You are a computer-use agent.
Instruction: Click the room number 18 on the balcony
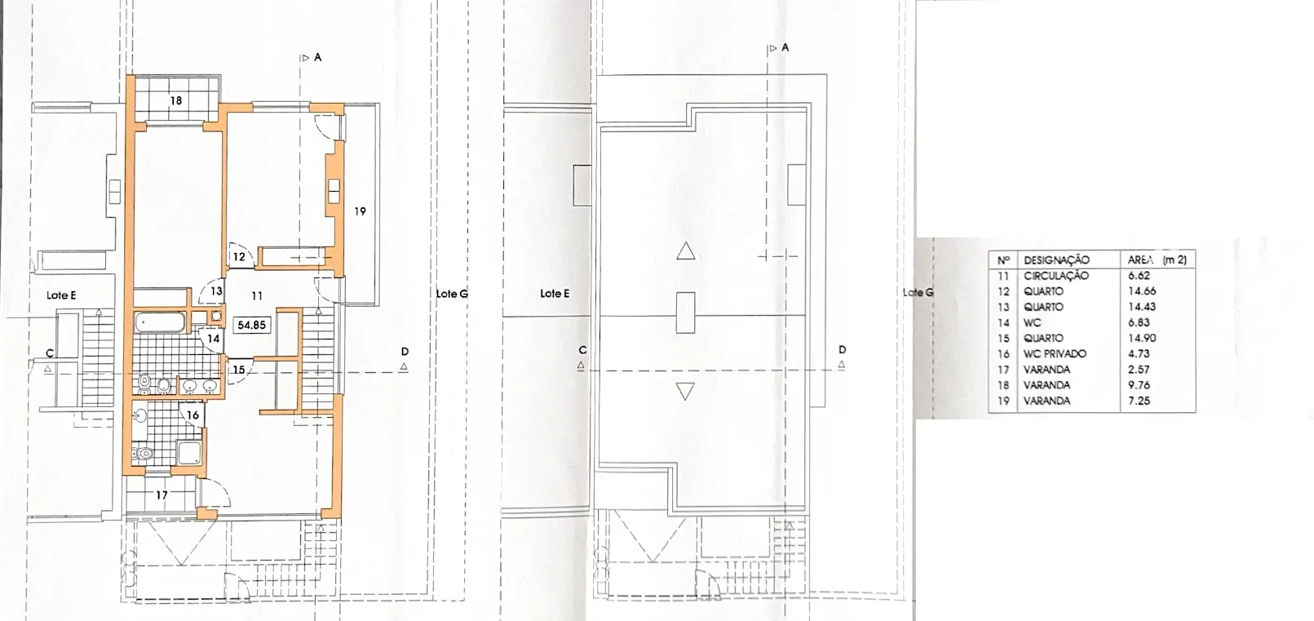[176, 100]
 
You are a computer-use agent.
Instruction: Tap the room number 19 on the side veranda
[361, 211]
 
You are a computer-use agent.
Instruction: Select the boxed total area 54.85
[252, 325]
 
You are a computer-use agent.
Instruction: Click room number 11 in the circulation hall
[257, 296]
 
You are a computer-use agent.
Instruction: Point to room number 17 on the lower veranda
[161, 495]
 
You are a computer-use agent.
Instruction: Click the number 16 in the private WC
[193, 415]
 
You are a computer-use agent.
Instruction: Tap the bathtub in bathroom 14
[160, 323]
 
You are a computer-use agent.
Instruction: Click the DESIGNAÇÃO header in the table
[1056, 260]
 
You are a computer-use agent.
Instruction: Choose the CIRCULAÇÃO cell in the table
[1056, 276]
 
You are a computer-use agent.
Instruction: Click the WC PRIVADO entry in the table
[1055, 354]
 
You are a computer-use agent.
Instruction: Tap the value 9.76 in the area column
[1139, 385]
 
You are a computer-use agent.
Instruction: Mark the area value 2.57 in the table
[1139, 369]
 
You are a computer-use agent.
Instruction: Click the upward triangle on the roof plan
[686, 252]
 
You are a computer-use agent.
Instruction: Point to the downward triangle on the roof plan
[685, 391]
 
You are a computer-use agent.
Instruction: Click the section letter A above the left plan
[318, 57]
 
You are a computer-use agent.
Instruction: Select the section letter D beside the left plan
[405, 352]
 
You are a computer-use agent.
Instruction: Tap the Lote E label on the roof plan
[555, 294]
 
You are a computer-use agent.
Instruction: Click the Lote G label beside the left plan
[452, 294]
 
